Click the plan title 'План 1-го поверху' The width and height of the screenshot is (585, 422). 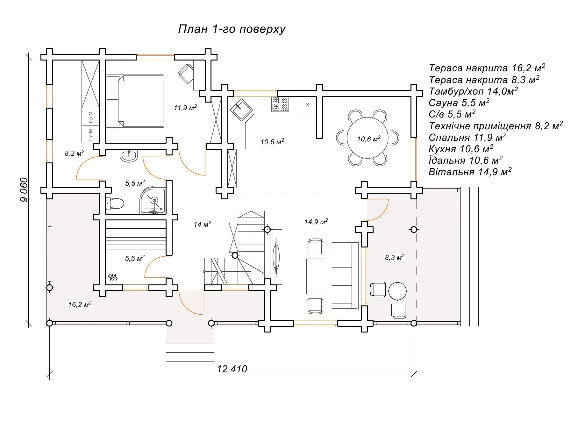point(232,29)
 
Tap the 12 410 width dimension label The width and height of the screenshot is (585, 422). point(232,369)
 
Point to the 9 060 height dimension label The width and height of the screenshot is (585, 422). point(24,190)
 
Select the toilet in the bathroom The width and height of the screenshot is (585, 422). point(115,203)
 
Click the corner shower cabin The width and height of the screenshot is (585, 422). point(153,201)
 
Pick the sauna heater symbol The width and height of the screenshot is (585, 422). point(113,277)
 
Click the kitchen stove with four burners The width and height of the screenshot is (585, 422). point(280,104)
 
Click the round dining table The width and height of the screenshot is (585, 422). point(367,138)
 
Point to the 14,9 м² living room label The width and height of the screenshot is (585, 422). point(316,222)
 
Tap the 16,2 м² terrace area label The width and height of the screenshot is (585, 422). point(80,304)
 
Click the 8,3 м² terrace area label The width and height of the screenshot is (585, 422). point(395,257)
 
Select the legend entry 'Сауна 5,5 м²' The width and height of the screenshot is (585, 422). point(459,103)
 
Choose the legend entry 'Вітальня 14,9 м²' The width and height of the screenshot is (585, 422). point(470,172)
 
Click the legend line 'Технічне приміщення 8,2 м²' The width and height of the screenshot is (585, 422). point(496,126)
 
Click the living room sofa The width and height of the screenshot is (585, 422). point(345,276)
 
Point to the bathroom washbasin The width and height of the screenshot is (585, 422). point(129,156)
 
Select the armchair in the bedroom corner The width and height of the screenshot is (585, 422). point(186,73)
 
